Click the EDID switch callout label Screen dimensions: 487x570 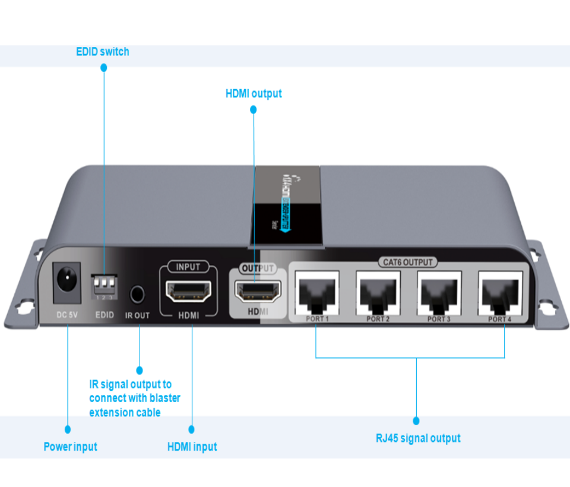(102, 52)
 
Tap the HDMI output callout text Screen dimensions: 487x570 (254, 94)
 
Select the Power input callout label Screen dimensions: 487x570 (70, 447)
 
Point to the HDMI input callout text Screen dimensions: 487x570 (192, 447)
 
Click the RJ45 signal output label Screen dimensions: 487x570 (418, 438)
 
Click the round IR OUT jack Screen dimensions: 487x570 (137, 293)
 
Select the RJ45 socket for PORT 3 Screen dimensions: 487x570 (439, 292)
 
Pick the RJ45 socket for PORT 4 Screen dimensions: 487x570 (500, 292)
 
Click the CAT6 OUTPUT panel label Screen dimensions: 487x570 (407, 262)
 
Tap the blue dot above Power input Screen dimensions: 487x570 (67, 429)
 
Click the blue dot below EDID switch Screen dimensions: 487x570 (104, 68)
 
